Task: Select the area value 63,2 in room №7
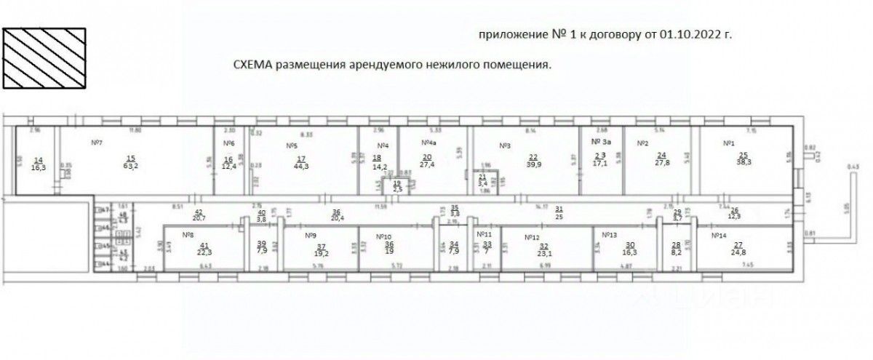131,164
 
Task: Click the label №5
291,145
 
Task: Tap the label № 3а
600,143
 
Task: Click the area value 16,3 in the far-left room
39,167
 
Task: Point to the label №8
187,235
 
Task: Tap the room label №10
385,236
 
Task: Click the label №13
610,235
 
